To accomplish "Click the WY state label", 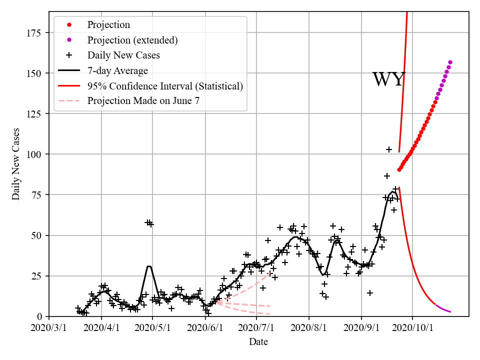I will [388, 79].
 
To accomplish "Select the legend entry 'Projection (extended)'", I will [132, 40].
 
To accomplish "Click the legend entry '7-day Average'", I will [117, 70].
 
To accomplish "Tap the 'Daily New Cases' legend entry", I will [123, 55].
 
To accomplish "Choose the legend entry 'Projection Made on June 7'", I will [143, 101].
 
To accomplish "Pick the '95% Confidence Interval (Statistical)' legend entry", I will [165, 86].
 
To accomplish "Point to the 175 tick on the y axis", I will [35, 33].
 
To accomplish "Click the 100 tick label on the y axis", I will [35, 154].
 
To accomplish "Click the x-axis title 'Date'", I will [258, 342].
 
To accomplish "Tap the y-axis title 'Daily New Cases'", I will [16, 164].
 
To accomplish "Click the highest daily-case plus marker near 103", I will [389, 149].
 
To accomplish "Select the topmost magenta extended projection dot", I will [450, 62].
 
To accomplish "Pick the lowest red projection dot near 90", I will [399, 170].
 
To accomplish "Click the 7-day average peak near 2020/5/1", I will [148, 266].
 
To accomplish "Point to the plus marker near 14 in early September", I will [370, 293].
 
